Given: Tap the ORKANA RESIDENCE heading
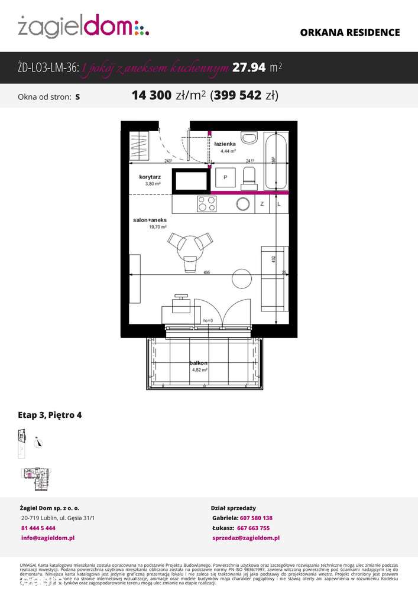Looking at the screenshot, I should [x=350, y=33].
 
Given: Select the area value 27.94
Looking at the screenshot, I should [x=249, y=68].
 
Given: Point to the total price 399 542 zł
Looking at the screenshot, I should [x=245, y=95].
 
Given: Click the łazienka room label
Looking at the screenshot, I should [x=225, y=144].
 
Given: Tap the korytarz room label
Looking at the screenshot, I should [x=150, y=176].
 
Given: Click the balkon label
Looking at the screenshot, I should [x=199, y=362].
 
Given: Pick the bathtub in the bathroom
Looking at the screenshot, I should [x=276, y=160].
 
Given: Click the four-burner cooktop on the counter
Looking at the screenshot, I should [x=206, y=203].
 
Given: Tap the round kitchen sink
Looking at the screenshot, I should [x=243, y=204].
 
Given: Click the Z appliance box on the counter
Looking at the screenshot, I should [x=262, y=204].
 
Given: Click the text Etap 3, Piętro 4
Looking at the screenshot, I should [x=50, y=415].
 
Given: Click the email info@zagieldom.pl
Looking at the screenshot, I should [x=47, y=538].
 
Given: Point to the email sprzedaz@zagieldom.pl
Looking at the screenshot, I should [x=245, y=538].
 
